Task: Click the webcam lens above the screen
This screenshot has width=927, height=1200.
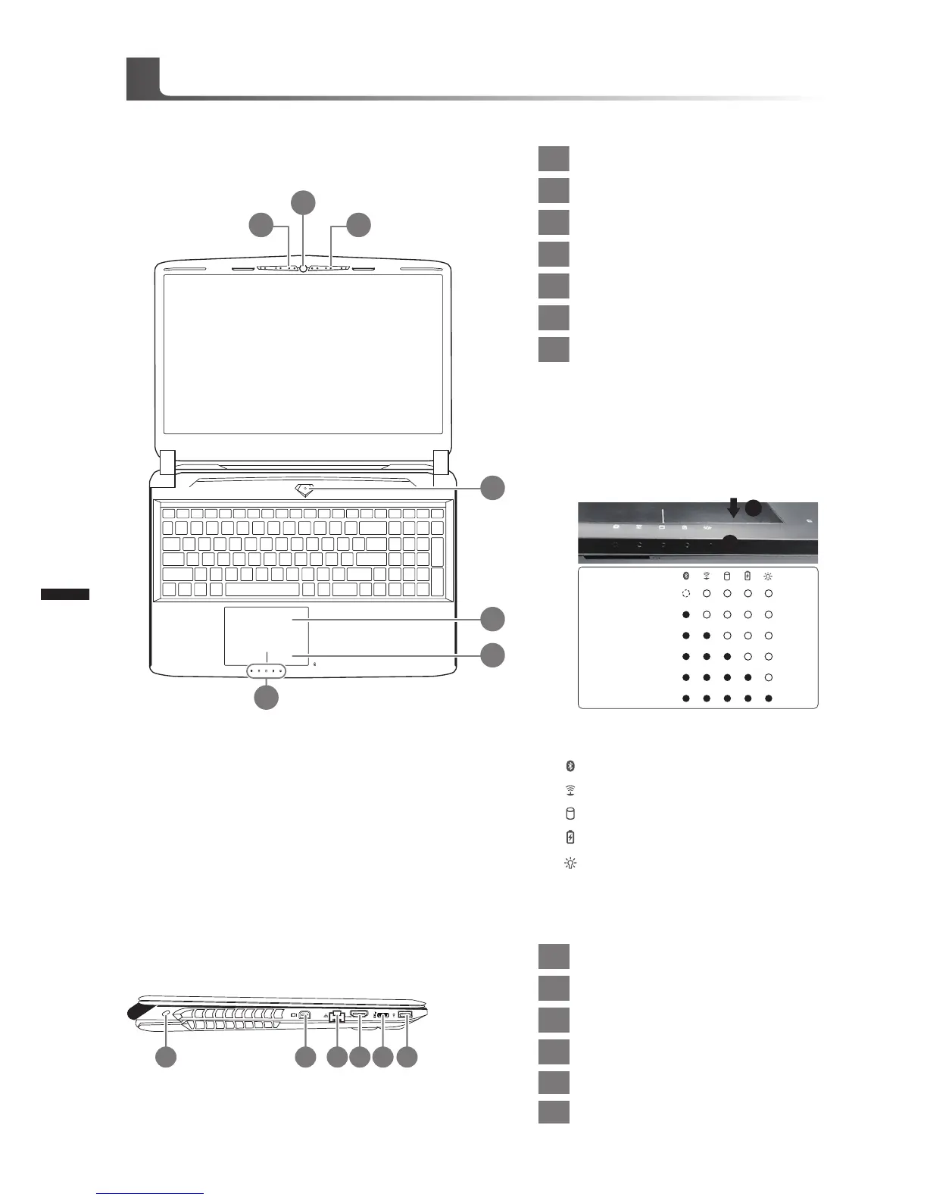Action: [x=303, y=267]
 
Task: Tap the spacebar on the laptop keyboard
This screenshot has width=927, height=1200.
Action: [x=262, y=589]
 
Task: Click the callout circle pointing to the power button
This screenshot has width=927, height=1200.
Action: [x=493, y=488]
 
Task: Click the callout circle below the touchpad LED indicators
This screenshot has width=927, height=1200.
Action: [x=266, y=697]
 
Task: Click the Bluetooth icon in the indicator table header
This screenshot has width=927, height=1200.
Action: [x=686, y=576]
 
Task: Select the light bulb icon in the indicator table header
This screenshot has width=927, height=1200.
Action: [x=768, y=576]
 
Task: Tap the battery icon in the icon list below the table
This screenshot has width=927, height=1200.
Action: [x=570, y=837]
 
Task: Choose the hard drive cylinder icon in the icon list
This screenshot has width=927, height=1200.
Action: [x=570, y=814]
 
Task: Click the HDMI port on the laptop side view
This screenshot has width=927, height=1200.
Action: [x=359, y=1015]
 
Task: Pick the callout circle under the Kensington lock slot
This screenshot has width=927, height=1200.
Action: [x=167, y=1058]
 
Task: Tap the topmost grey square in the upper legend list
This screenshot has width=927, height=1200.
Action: [x=554, y=158]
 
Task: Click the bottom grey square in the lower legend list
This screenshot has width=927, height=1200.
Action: [x=554, y=1112]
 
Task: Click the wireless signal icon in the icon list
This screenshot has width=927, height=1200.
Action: [x=570, y=790]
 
